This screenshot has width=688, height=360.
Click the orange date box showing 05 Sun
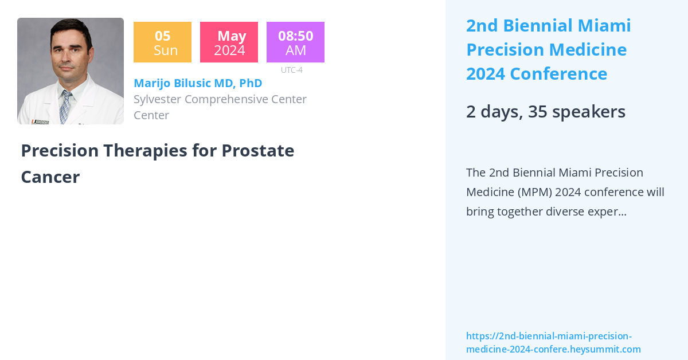(162, 42)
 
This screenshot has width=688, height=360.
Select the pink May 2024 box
(229, 42)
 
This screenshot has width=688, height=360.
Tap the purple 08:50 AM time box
(295, 42)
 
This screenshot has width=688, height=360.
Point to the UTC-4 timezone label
(291, 70)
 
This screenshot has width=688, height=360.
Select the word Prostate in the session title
(257, 151)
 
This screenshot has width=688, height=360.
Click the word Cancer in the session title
(50, 177)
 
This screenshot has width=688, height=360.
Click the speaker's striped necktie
(65, 106)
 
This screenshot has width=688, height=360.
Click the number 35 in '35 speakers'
(537, 112)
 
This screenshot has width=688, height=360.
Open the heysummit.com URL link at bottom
(553, 343)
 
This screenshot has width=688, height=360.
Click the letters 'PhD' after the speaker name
(251, 83)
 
